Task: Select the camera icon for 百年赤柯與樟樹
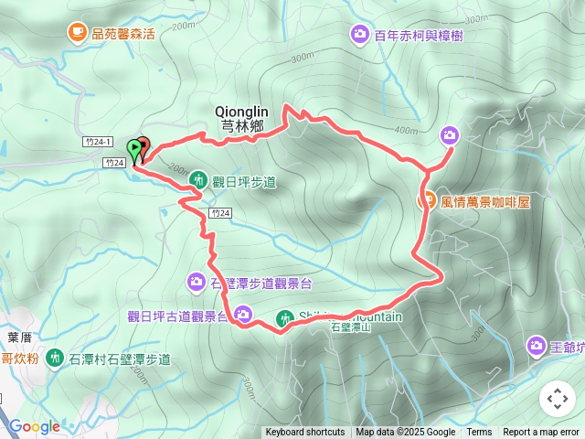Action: [x=359, y=35]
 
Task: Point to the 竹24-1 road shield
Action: [x=96, y=142]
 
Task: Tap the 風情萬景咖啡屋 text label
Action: [x=485, y=202]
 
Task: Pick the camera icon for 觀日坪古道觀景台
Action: [x=244, y=316]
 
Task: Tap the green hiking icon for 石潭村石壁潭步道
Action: [x=54, y=358]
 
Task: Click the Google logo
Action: [x=34, y=426]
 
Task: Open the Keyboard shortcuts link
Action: [x=305, y=433]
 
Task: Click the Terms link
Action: [x=479, y=433]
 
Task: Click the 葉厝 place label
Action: [x=19, y=337]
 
